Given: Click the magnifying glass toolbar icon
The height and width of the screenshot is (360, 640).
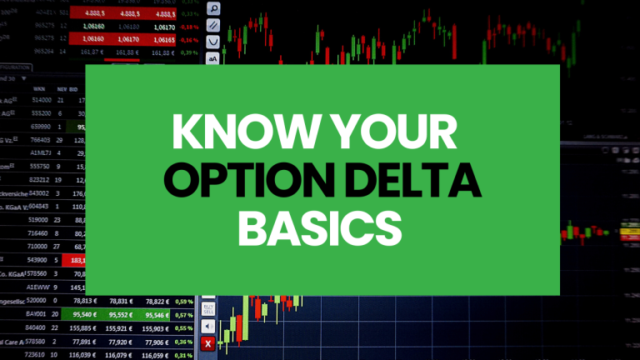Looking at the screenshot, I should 212,9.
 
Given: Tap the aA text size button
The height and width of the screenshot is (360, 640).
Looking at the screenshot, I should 212,58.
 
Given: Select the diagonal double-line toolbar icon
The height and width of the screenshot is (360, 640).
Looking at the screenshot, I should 212,26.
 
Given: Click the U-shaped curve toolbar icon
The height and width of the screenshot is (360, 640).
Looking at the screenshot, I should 212,42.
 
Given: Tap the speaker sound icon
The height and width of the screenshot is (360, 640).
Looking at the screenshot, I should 208,326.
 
